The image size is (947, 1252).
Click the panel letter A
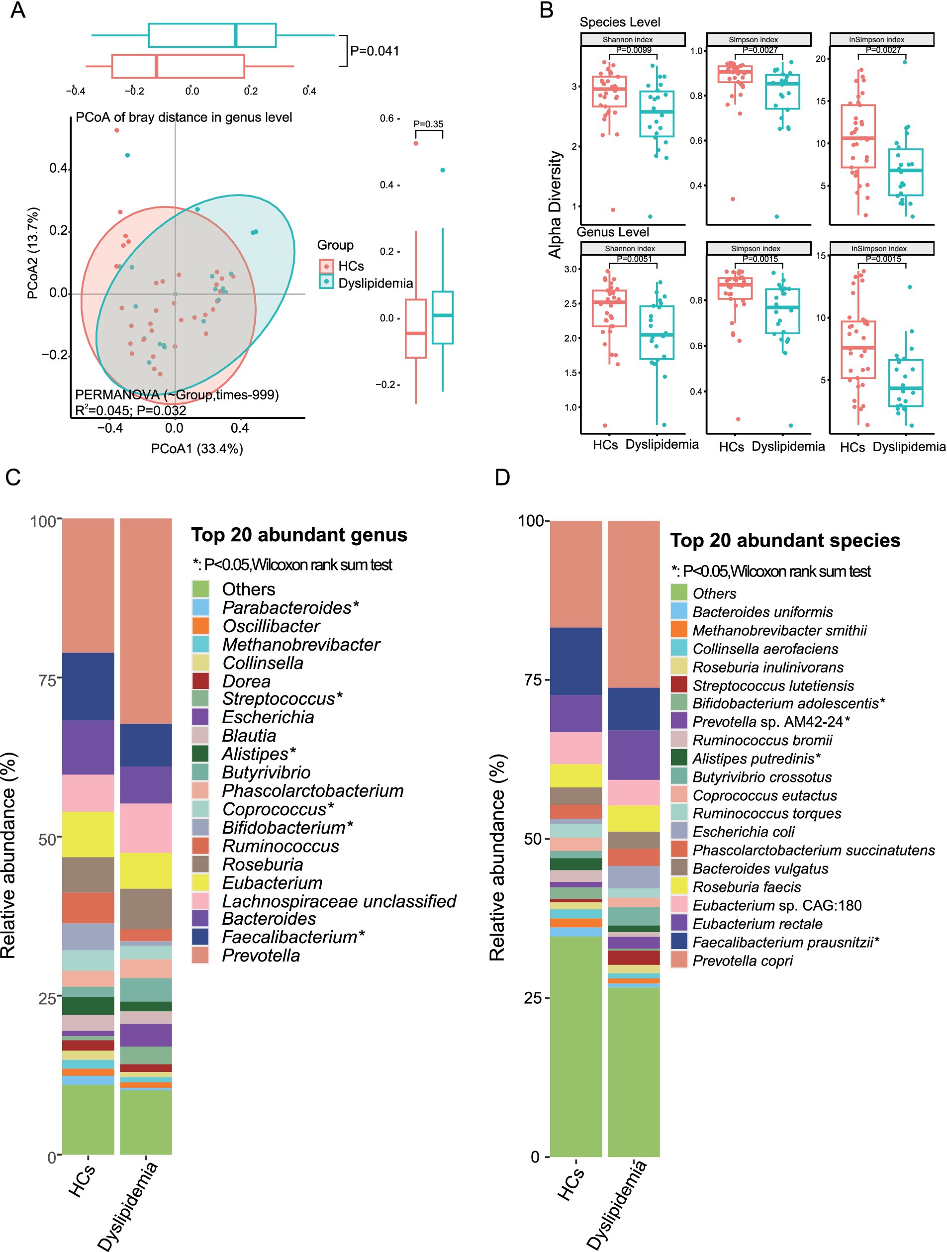click(18, 10)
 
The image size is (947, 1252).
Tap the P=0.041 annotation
click(374, 51)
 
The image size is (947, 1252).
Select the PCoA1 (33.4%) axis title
click(196, 449)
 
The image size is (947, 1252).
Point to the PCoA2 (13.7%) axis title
click(33, 253)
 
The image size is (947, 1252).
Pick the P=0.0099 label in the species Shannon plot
click(634, 50)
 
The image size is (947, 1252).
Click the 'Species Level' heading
click(619, 22)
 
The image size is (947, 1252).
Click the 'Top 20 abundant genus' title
click(299, 535)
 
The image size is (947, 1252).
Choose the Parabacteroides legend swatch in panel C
click(200, 607)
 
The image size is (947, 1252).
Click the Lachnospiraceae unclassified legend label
click(339, 901)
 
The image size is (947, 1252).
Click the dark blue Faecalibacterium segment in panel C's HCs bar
click(89, 686)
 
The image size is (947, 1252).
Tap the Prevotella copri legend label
click(742, 961)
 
